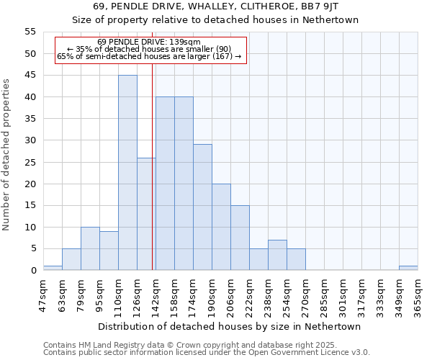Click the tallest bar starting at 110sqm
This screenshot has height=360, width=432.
[127, 173]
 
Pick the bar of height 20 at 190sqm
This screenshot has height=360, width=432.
[221, 227]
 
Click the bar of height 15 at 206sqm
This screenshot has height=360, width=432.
[240, 238]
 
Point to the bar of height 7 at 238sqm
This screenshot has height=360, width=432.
[277, 255]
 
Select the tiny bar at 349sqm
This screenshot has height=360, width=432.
[408, 268]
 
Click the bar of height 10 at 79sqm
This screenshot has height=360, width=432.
[90, 248]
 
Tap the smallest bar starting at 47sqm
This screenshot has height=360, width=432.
[53, 268]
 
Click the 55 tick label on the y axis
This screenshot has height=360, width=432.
[30, 32]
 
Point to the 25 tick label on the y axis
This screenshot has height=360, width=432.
[30, 162]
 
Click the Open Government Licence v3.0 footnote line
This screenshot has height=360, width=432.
[207, 353]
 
